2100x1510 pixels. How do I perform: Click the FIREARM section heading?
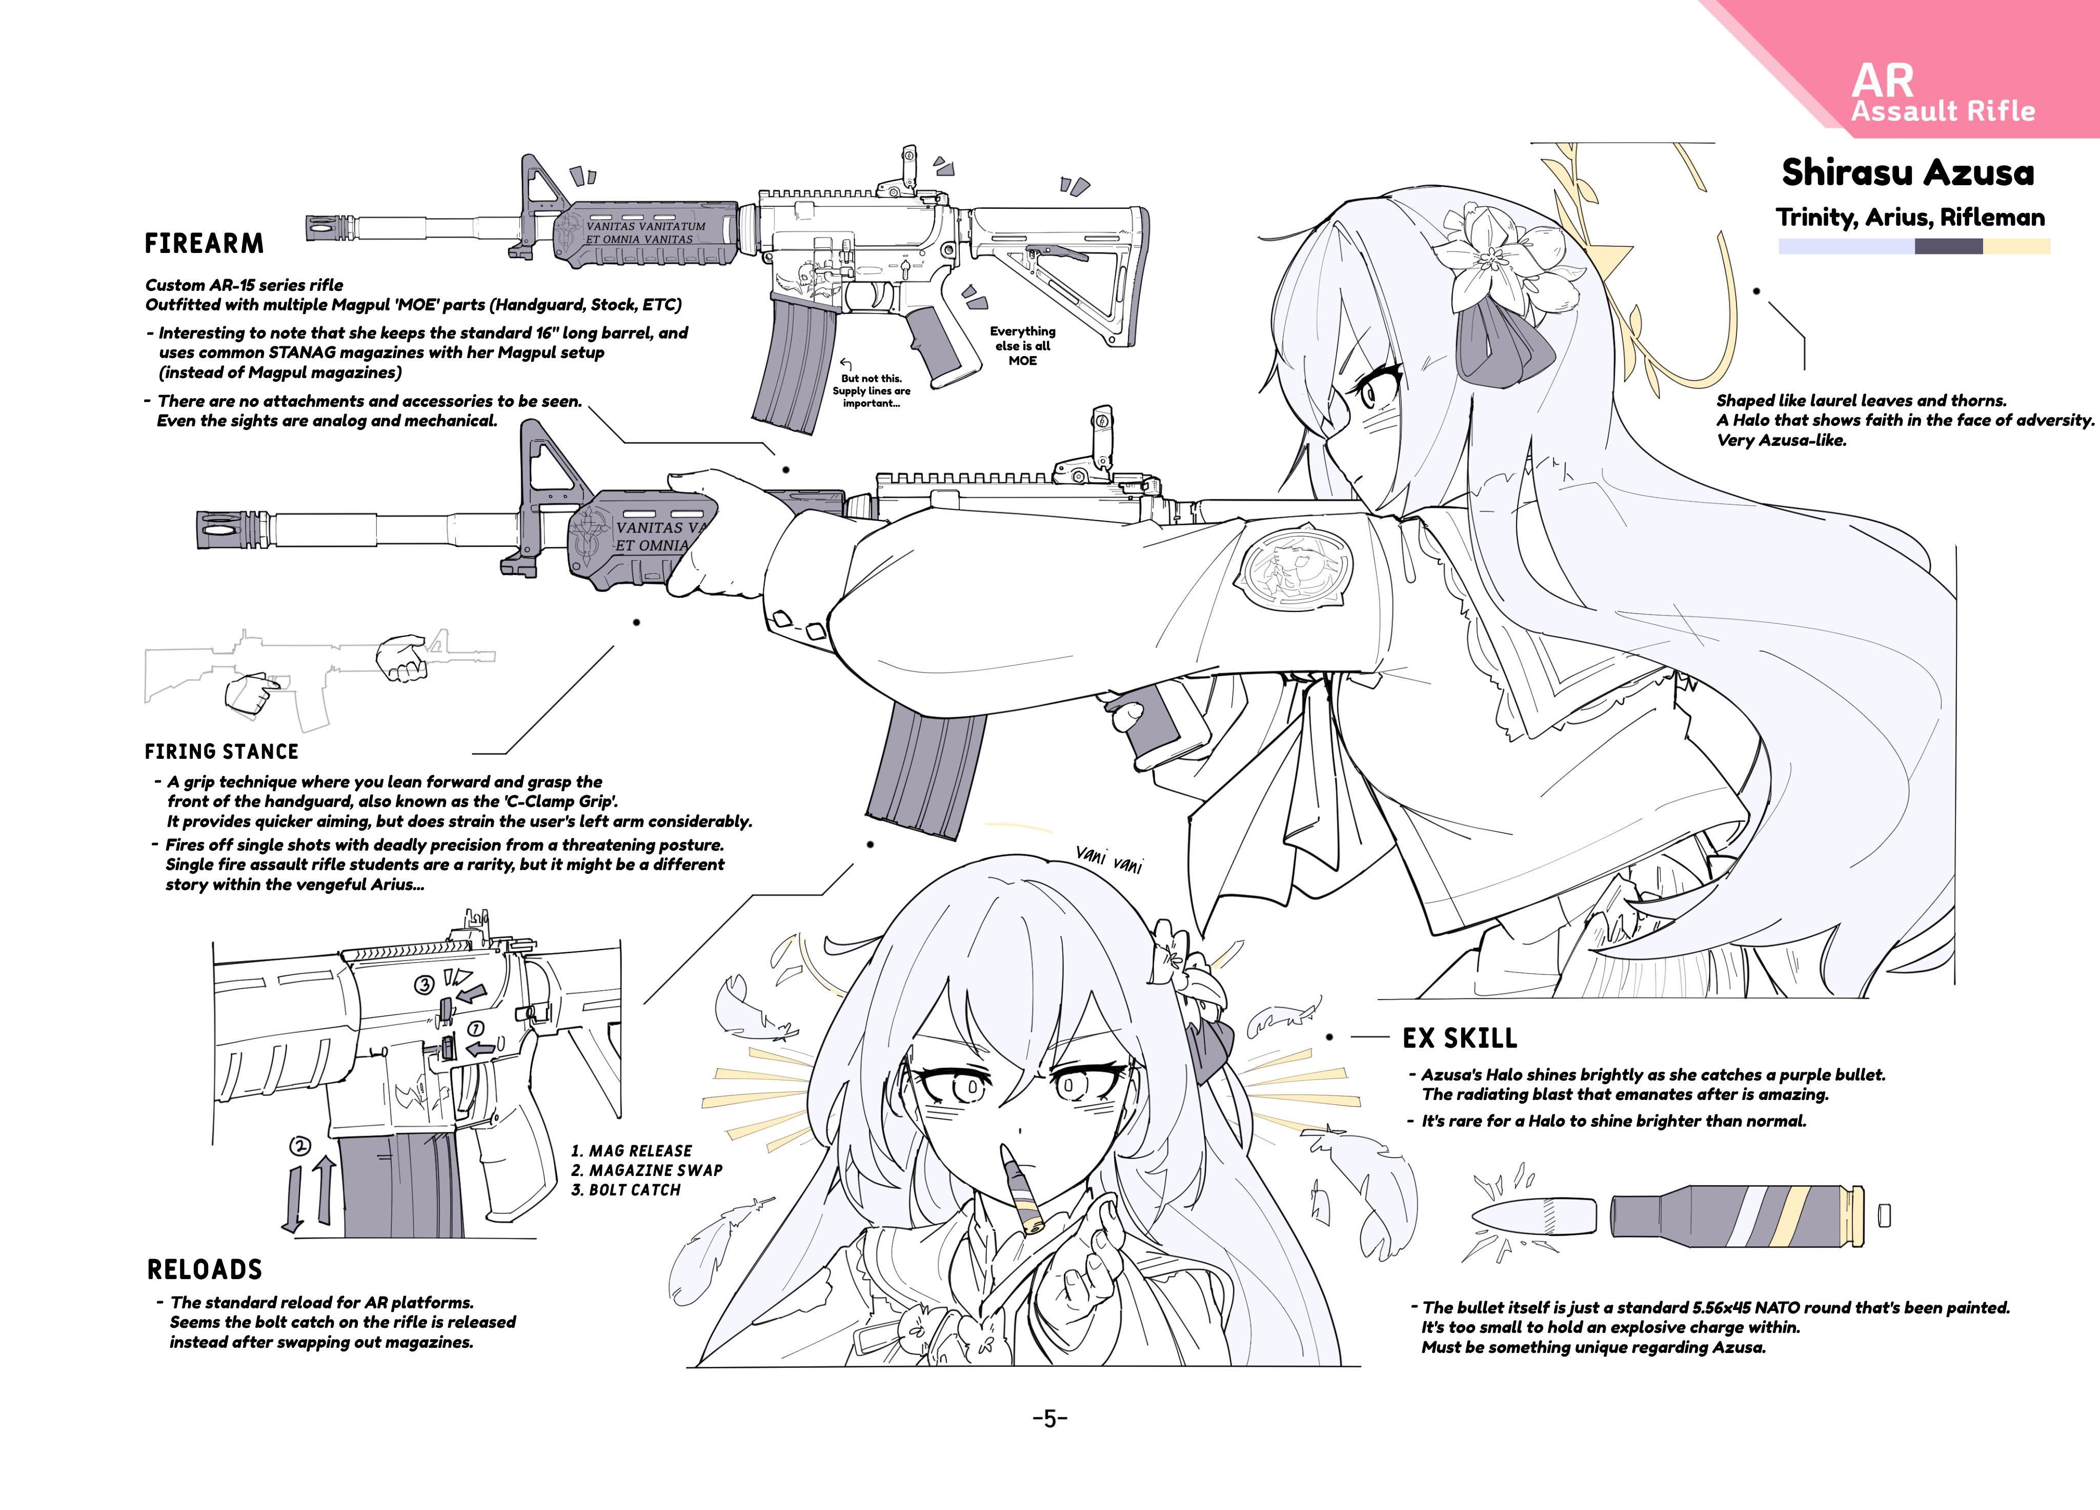pyautogui.click(x=204, y=244)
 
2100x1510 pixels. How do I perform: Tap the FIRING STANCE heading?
pyautogui.click(x=221, y=751)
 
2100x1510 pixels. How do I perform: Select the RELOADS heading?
pyautogui.click(x=205, y=1269)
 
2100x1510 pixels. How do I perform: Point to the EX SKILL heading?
pyautogui.click(x=1460, y=1038)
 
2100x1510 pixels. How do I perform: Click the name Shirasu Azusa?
pyautogui.click(x=1908, y=172)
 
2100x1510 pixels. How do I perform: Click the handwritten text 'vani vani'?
pyautogui.click(x=1109, y=859)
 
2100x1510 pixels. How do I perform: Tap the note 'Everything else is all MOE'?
pyautogui.click(x=1022, y=345)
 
